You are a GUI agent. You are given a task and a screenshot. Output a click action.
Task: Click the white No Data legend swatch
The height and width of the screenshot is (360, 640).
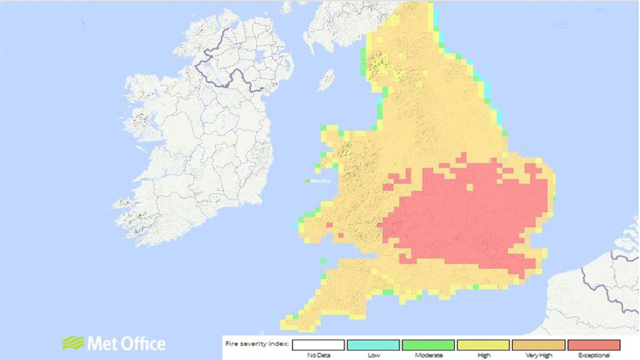(x=318, y=345)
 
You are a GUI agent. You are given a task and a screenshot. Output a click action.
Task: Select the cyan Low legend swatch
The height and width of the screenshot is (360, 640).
(x=373, y=345)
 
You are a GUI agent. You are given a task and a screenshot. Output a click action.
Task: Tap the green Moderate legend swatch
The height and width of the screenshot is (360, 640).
(x=428, y=345)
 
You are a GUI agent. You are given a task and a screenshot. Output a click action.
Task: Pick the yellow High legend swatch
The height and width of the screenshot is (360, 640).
(x=483, y=345)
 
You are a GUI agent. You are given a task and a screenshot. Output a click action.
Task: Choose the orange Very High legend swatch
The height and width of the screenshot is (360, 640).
(x=538, y=345)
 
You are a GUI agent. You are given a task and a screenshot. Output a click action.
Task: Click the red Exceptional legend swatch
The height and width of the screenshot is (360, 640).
(x=594, y=345)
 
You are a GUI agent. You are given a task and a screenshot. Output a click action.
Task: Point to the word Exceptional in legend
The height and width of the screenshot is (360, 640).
(x=594, y=355)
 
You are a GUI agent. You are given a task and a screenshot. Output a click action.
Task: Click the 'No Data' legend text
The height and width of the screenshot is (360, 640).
(x=318, y=355)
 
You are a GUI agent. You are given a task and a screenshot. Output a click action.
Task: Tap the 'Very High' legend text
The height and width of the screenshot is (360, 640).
(x=538, y=355)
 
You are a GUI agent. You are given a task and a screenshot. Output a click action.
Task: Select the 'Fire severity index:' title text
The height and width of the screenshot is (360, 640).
(x=257, y=344)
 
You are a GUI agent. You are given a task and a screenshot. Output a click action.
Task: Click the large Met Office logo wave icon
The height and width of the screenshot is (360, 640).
(x=73, y=343)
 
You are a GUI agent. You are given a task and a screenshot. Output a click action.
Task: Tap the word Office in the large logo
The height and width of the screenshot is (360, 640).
(x=143, y=344)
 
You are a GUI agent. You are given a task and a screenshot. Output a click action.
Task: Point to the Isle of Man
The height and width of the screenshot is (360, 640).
(x=326, y=80)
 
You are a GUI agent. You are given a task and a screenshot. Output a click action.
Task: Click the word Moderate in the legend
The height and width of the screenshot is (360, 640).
(x=428, y=355)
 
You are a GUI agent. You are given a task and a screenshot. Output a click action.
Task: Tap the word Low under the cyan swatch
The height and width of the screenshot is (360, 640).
(x=373, y=355)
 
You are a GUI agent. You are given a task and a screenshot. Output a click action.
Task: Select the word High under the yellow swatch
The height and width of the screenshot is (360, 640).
(x=483, y=355)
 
